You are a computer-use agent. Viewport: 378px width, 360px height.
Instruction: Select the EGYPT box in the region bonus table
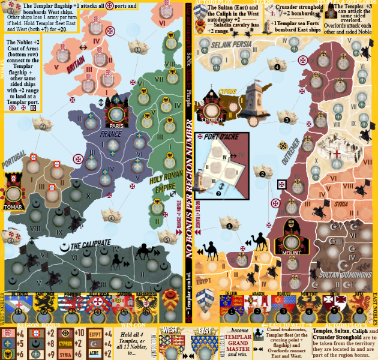94,334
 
